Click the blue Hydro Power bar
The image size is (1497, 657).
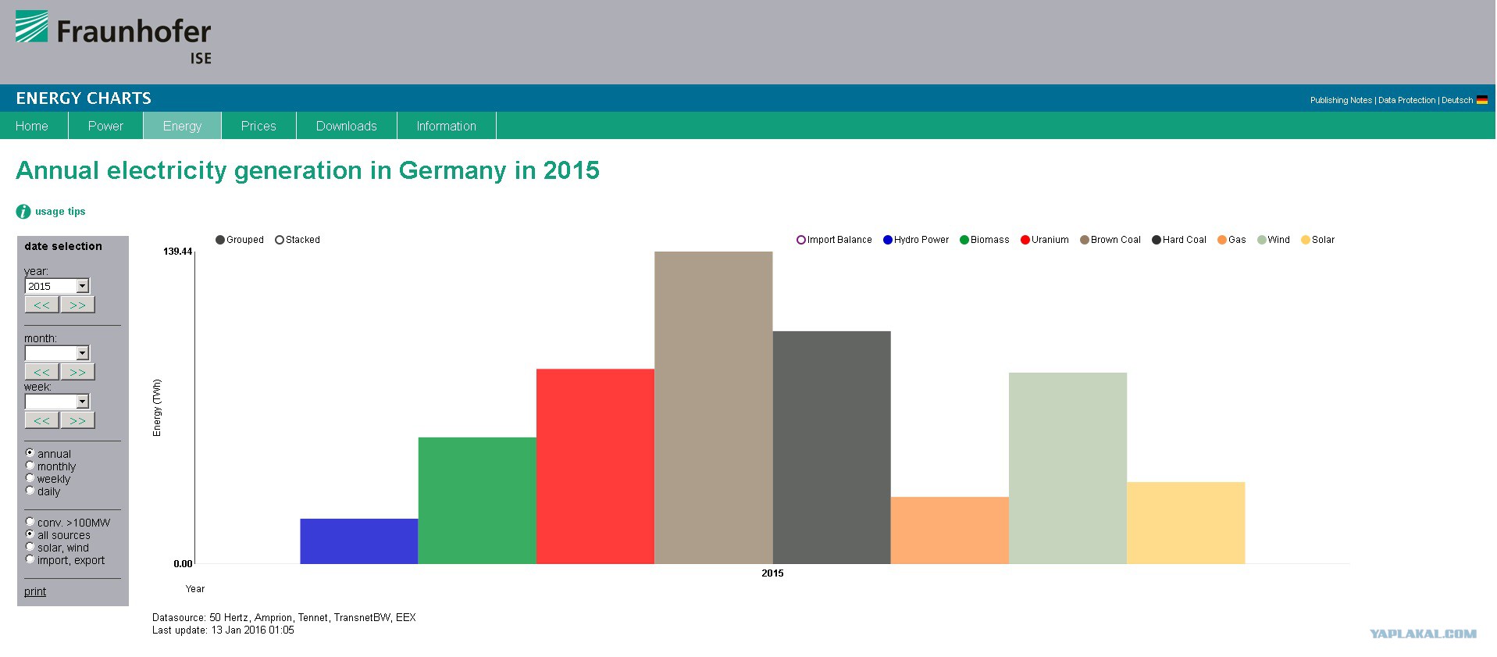coord(359,541)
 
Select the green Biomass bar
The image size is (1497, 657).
coord(477,500)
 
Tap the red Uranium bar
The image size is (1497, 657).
coord(595,466)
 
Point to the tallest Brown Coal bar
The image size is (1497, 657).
coord(714,408)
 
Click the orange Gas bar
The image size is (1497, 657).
coord(950,530)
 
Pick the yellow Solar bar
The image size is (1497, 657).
coord(1185,523)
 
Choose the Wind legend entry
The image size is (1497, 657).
coord(1273,240)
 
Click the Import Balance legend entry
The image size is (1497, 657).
coord(834,240)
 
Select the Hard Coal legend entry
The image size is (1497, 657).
coord(1178,240)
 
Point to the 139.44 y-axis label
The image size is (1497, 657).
coord(177,252)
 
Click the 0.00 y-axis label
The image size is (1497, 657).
coord(183,564)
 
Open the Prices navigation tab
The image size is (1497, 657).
coord(258,126)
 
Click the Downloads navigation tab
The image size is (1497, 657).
coord(347,126)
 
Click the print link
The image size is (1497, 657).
coord(35,591)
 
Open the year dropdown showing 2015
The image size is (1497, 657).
coord(57,286)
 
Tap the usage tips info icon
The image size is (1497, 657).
coord(23,212)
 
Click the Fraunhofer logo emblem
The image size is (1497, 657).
coord(31,27)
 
